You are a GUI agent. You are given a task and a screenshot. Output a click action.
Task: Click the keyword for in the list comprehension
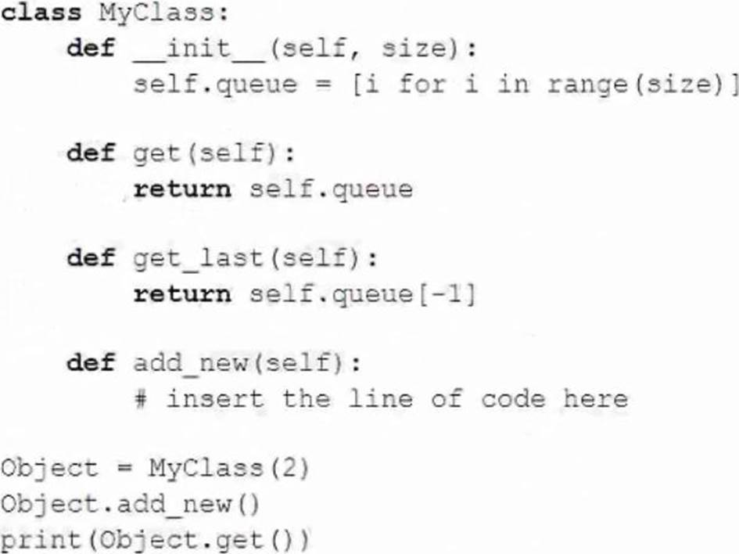pos(422,85)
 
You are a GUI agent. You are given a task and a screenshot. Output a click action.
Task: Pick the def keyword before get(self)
pos(91,153)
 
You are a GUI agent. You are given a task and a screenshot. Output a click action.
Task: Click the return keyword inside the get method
pos(182,189)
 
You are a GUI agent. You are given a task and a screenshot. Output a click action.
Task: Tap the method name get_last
pos(197,259)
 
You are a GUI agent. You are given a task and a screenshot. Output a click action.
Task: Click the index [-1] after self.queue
pos(447,294)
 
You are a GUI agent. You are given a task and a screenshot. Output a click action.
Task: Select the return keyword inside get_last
pos(182,294)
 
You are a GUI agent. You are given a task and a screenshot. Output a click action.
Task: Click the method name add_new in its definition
pos(190,364)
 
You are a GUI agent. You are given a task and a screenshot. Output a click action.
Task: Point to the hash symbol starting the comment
pos(141,399)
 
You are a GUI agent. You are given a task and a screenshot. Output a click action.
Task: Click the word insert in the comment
pos(215,399)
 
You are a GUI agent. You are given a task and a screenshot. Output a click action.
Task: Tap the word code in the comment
pos(513,399)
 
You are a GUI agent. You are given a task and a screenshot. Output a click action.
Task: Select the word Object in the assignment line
pos(49,469)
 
